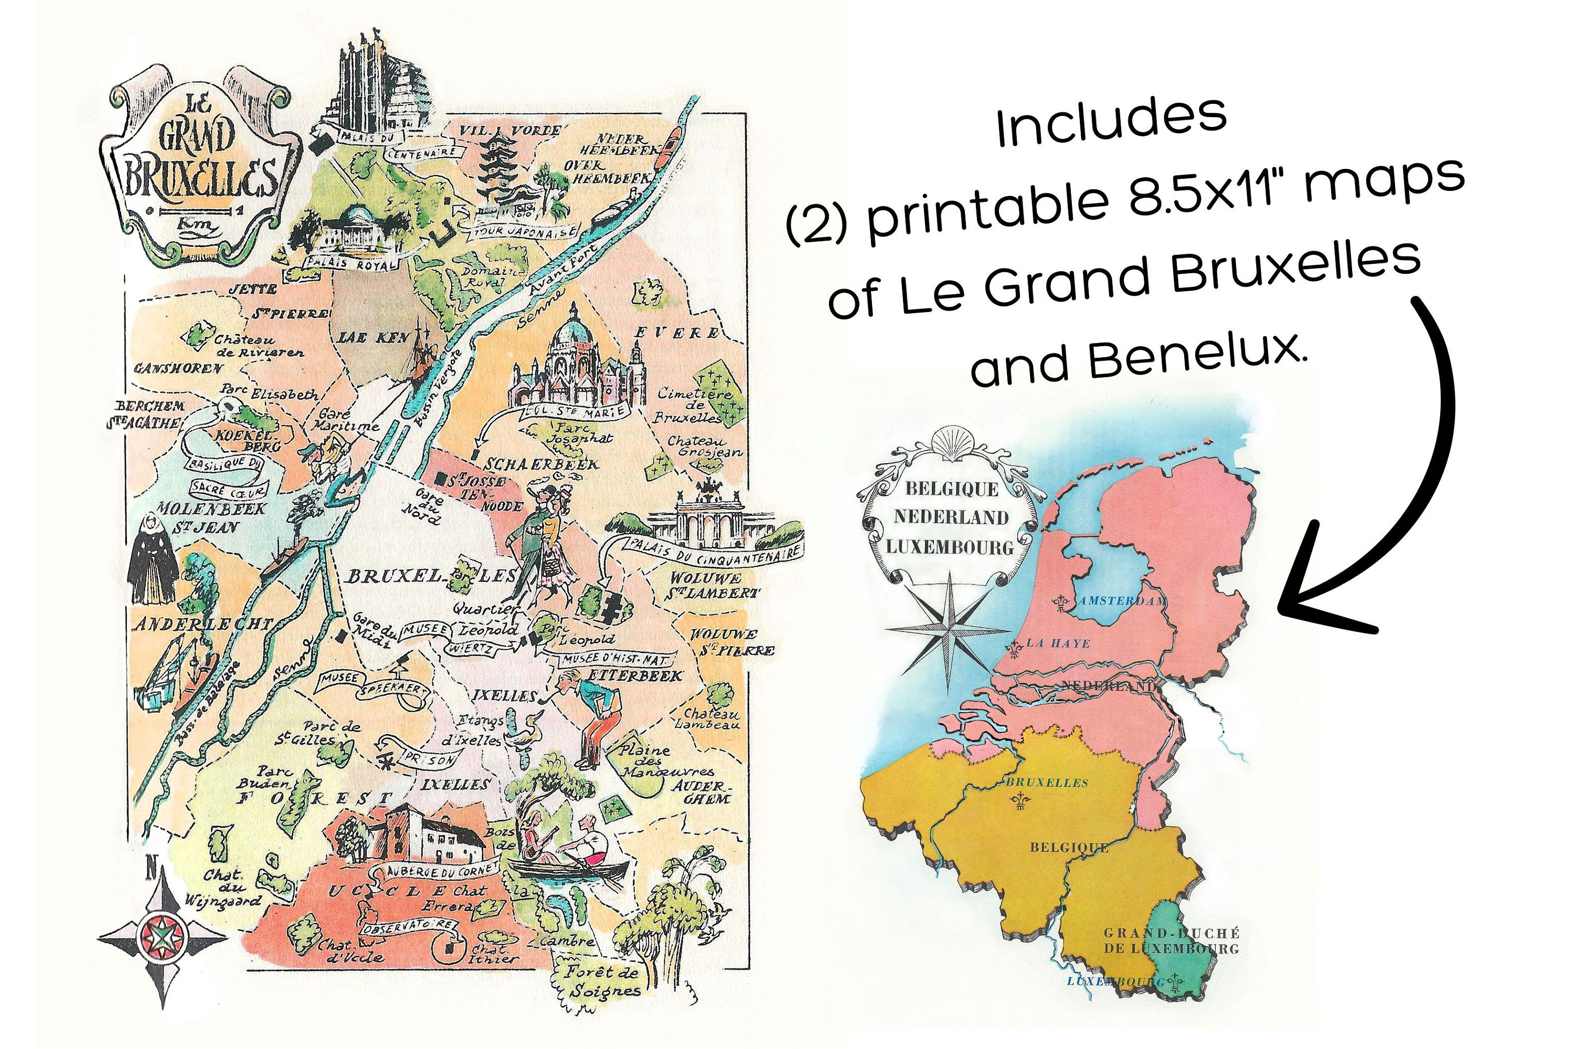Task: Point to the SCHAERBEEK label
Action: click(x=541, y=464)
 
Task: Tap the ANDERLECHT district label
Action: click(x=203, y=625)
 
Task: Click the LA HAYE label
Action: click(x=1057, y=644)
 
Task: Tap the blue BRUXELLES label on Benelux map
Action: click(x=1047, y=783)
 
